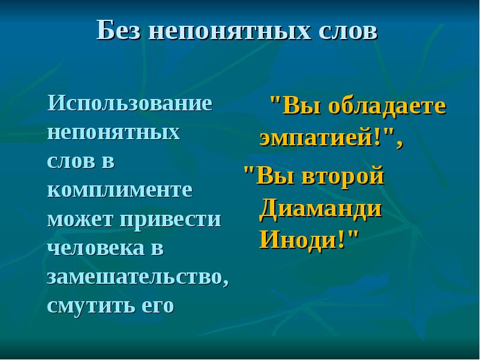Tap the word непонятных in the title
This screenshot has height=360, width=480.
229,31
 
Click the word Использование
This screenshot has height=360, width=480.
130,103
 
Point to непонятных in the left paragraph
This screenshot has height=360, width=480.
113,132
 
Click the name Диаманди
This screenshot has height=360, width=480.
320,208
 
